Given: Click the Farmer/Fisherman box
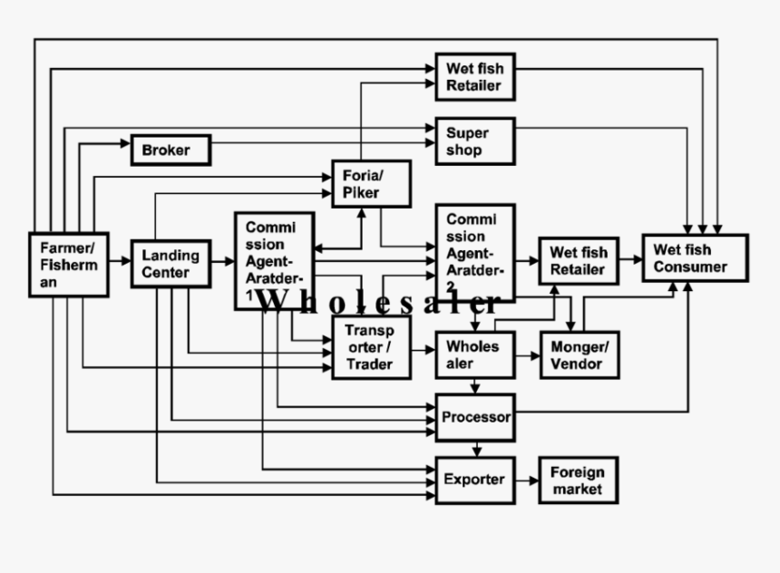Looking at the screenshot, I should (69, 265).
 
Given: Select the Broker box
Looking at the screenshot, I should (171, 150).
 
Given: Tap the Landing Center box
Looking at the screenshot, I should (171, 264).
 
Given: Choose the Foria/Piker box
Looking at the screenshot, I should (371, 183).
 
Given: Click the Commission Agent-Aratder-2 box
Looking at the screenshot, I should (474, 249).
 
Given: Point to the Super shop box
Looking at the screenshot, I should (474, 141).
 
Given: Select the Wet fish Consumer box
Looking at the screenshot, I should (695, 258).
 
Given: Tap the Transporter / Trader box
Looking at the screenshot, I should (371, 348).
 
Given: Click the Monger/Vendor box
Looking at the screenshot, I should (579, 354).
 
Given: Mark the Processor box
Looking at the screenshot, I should (474, 418).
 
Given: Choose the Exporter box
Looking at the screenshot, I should (474, 480).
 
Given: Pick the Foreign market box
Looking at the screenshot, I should (578, 481).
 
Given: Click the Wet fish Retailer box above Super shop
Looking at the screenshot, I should (474, 77).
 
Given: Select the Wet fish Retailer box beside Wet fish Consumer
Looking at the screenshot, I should (578, 261).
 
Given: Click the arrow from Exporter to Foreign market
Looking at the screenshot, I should (527, 481).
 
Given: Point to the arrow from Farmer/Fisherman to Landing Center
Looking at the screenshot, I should (120, 262).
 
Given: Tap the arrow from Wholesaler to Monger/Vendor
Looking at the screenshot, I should (527, 354).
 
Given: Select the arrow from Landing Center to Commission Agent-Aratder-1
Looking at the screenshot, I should (222, 261).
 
